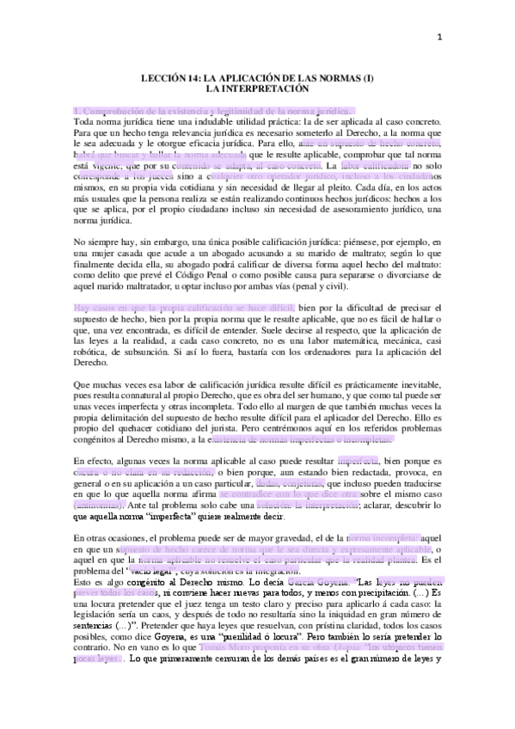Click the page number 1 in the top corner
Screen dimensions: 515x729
pos(487,36)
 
